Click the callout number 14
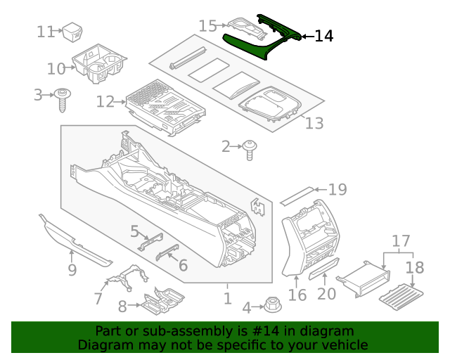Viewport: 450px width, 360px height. (323, 35)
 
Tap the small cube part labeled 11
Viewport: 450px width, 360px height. (74, 32)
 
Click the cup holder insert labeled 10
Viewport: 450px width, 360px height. (100, 65)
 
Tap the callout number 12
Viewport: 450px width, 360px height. (105, 102)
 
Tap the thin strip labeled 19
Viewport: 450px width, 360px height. (297, 195)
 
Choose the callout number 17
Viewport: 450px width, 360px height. (400, 241)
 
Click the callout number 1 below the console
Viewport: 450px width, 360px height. (227, 299)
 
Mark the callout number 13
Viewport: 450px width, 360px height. (314, 124)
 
